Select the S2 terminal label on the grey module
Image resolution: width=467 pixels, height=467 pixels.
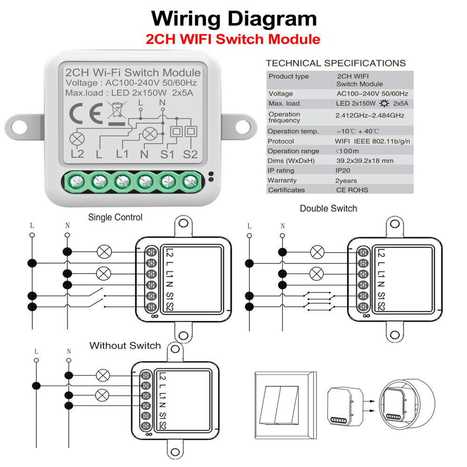tap(191, 154)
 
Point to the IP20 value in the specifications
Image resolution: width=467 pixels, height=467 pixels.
tap(343, 170)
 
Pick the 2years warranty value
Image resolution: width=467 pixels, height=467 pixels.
tap(347, 180)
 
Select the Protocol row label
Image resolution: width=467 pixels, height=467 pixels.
tap(281, 141)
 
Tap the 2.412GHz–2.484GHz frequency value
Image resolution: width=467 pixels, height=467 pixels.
tap(370, 115)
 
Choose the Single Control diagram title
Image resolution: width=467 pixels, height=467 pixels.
tap(115, 217)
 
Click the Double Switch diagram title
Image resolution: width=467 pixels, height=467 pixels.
tap(328, 209)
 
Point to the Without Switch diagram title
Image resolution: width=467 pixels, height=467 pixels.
tap(125, 346)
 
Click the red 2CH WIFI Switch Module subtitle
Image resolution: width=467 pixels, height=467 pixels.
tap(233, 39)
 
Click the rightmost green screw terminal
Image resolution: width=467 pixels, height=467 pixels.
tap(190, 180)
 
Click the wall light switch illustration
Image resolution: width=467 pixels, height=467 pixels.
tap(284, 403)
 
